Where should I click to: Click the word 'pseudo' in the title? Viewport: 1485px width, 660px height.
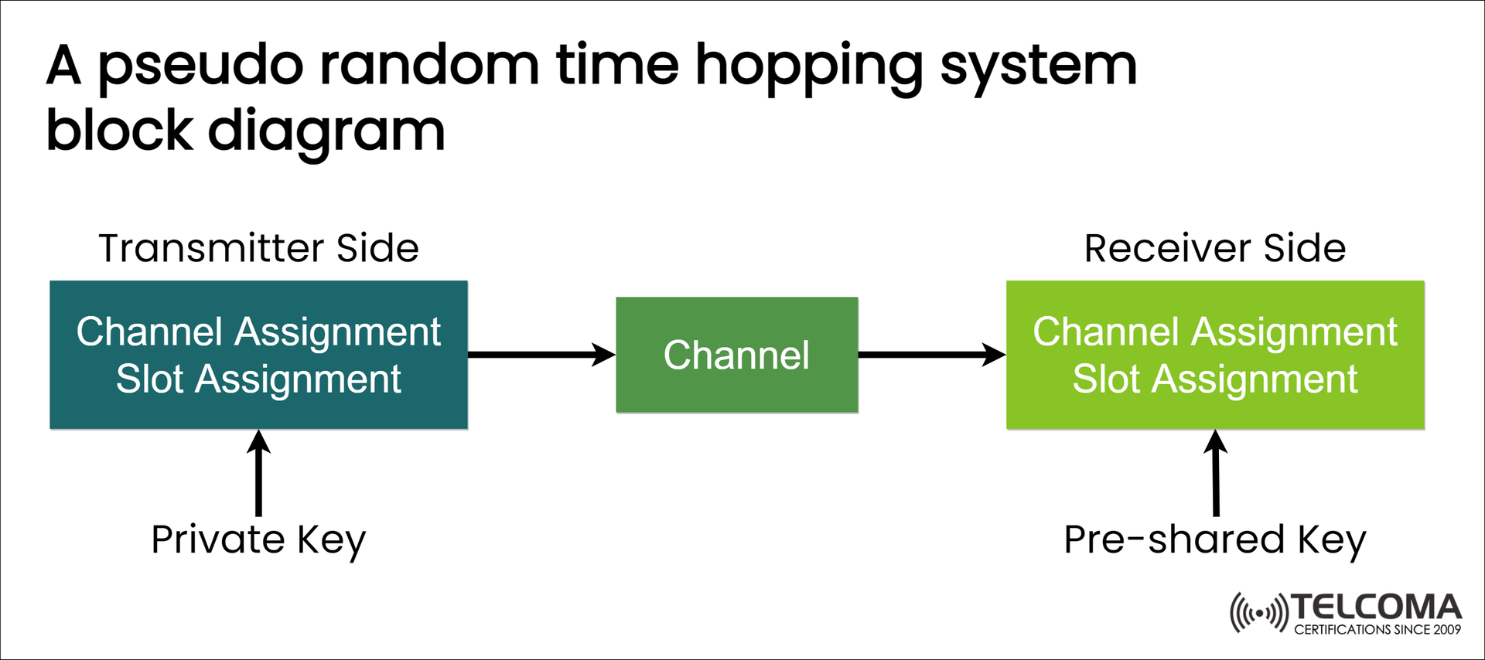[200, 66]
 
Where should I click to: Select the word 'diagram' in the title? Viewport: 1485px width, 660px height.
[326, 131]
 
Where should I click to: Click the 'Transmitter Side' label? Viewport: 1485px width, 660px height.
[258, 248]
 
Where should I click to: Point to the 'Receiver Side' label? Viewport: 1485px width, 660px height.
[1214, 248]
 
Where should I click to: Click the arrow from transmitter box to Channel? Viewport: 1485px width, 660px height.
[541, 355]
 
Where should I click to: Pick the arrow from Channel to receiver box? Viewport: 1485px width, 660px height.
[931, 355]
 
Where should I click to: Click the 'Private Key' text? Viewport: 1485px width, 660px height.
[258, 539]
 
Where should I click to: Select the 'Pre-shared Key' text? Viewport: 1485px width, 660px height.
[1214, 539]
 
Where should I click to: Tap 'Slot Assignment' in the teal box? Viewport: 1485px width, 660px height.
[258, 379]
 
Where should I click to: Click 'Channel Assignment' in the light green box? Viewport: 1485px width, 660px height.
[1214, 332]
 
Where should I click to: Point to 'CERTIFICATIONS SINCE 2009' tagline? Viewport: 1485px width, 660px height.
[1377, 630]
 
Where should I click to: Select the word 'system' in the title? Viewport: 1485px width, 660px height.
[1038, 66]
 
